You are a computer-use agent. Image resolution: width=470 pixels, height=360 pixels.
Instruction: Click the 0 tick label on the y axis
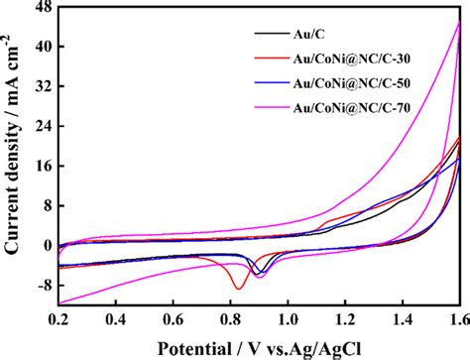pyautogui.click(x=47, y=245)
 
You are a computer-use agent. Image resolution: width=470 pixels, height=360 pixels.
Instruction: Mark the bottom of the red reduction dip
pyautogui.click(x=238, y=288)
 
